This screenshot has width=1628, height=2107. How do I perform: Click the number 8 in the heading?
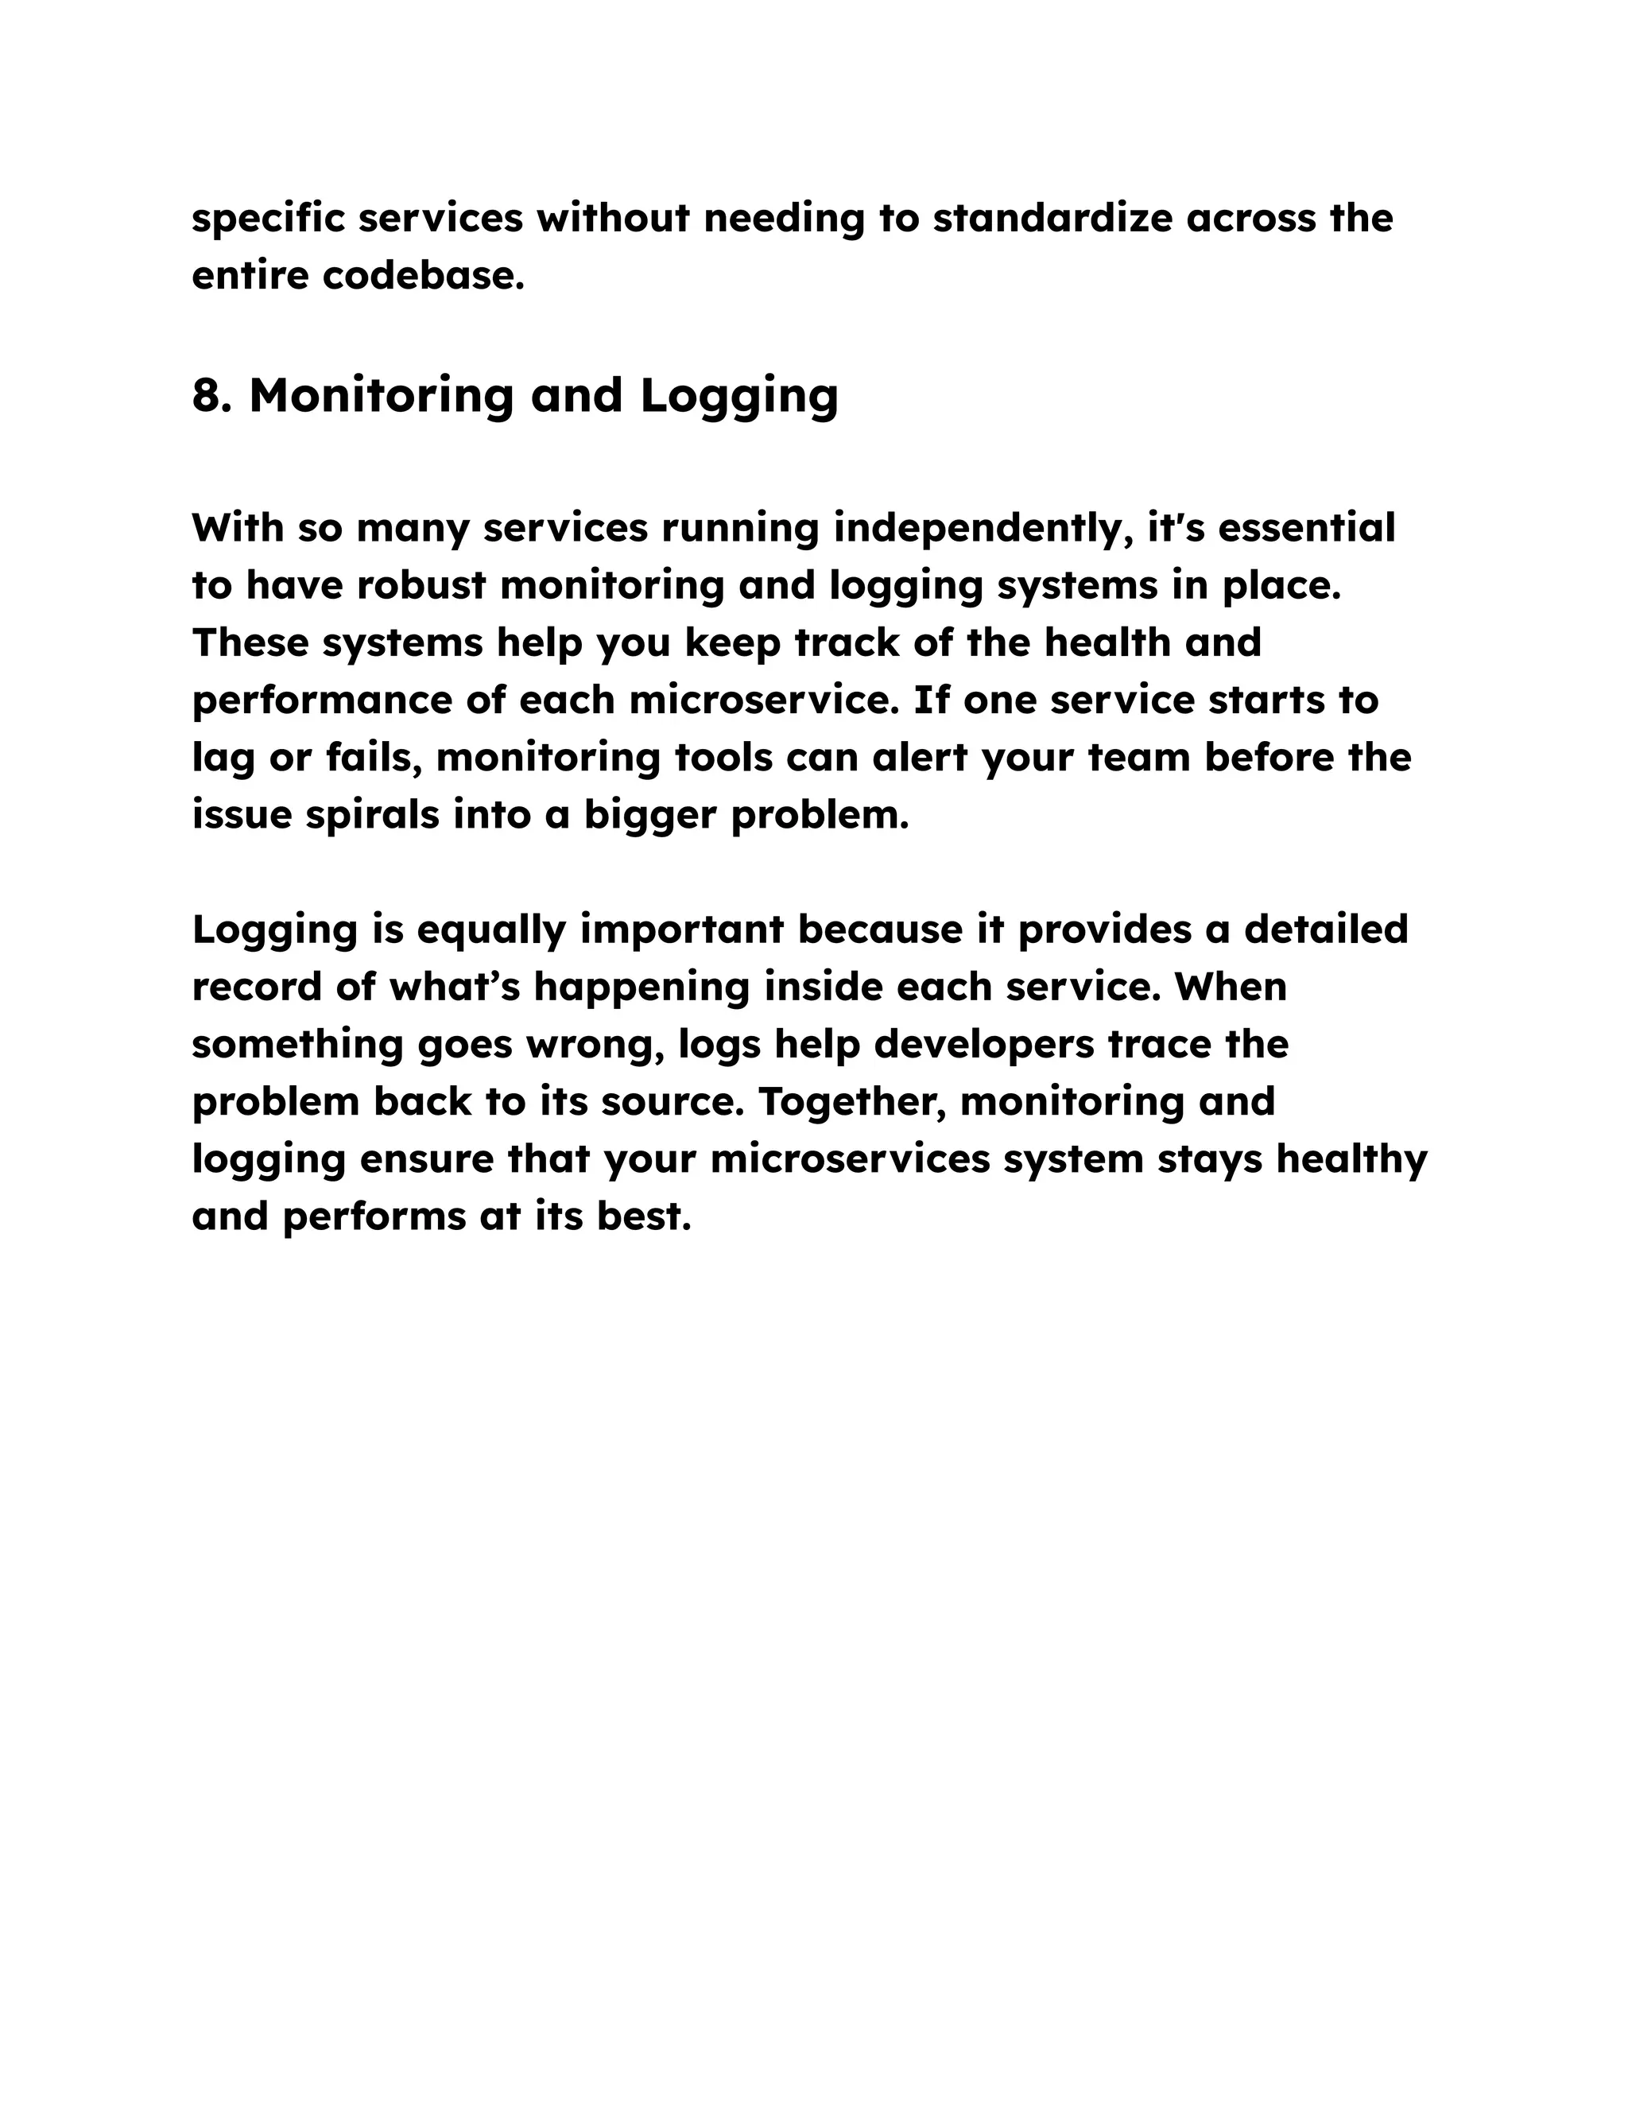point(205,395)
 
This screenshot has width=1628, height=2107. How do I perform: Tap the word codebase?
point(424,276)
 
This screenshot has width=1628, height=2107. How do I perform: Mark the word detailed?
point(1326,929)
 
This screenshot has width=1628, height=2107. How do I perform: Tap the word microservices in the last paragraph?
point(850,1158)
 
